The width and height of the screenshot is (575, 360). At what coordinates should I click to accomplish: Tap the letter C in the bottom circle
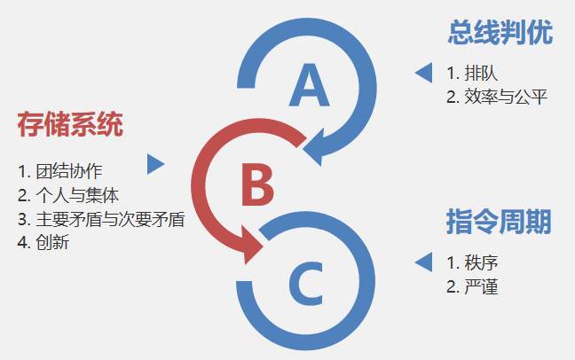click(307, 284)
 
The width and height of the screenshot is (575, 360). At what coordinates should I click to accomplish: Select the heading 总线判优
click(500, 33)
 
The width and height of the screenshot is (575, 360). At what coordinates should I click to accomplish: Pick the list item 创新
click(52, 242)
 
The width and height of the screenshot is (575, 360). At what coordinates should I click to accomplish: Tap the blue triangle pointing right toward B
click(155, 164)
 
